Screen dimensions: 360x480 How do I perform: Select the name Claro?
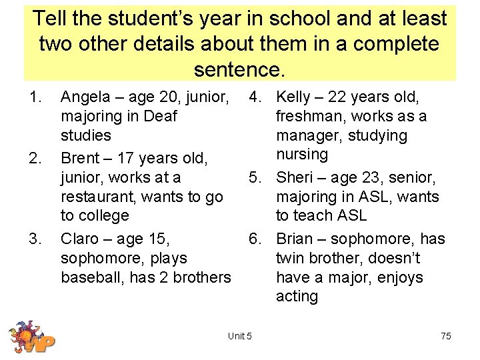(80, 239)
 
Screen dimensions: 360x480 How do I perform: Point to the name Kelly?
(293, 97)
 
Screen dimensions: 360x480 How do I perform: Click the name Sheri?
(294, 177)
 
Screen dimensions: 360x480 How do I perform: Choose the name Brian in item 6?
(295, 239)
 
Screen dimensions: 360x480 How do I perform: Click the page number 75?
(445, 336)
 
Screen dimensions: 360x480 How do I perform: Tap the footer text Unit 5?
(239, 336)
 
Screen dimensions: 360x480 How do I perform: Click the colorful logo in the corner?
(31, 336)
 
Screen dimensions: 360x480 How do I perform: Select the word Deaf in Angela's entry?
(160, 116)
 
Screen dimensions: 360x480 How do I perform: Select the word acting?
(297, 296)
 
